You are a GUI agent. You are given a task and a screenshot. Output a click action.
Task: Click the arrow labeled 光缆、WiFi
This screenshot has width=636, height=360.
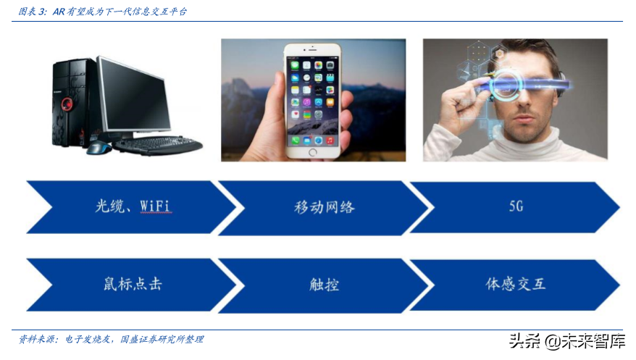[x=130, y=206]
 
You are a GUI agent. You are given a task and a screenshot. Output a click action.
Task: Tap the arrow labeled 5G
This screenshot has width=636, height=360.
[x=515, y=206]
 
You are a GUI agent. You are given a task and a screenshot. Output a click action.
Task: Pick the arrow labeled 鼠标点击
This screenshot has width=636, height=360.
[x=130, y=283]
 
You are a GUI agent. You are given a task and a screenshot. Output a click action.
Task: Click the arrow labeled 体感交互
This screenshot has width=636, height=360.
[x=515, y=283]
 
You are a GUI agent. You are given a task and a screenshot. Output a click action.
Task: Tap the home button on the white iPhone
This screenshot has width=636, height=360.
[x=313, y=152]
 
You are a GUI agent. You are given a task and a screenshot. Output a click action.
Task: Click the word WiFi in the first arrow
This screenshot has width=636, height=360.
[x=155, y=206]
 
